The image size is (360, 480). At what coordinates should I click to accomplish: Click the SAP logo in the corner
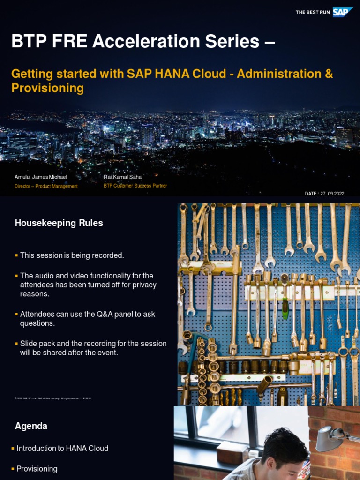click(343, 12)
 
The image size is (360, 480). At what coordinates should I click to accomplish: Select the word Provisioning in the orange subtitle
click(47, 88)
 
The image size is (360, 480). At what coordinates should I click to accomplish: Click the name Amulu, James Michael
click(41, 177)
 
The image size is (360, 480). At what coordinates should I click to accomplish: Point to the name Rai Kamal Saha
click(122, 177)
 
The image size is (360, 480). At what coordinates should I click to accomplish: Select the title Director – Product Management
click(46, 186)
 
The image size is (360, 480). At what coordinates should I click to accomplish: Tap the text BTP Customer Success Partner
click(135, 186)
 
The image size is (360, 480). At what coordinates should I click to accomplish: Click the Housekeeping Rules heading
click(59, 223)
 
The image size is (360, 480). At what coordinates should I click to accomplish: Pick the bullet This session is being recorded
click(72, 255)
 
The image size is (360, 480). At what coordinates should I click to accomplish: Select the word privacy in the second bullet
click(144, 285)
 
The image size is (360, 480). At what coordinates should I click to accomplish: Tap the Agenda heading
click(31, 426)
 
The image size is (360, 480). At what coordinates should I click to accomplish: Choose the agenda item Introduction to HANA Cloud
click(62, 449)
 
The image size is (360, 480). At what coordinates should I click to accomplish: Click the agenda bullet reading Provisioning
click(37, 469)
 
